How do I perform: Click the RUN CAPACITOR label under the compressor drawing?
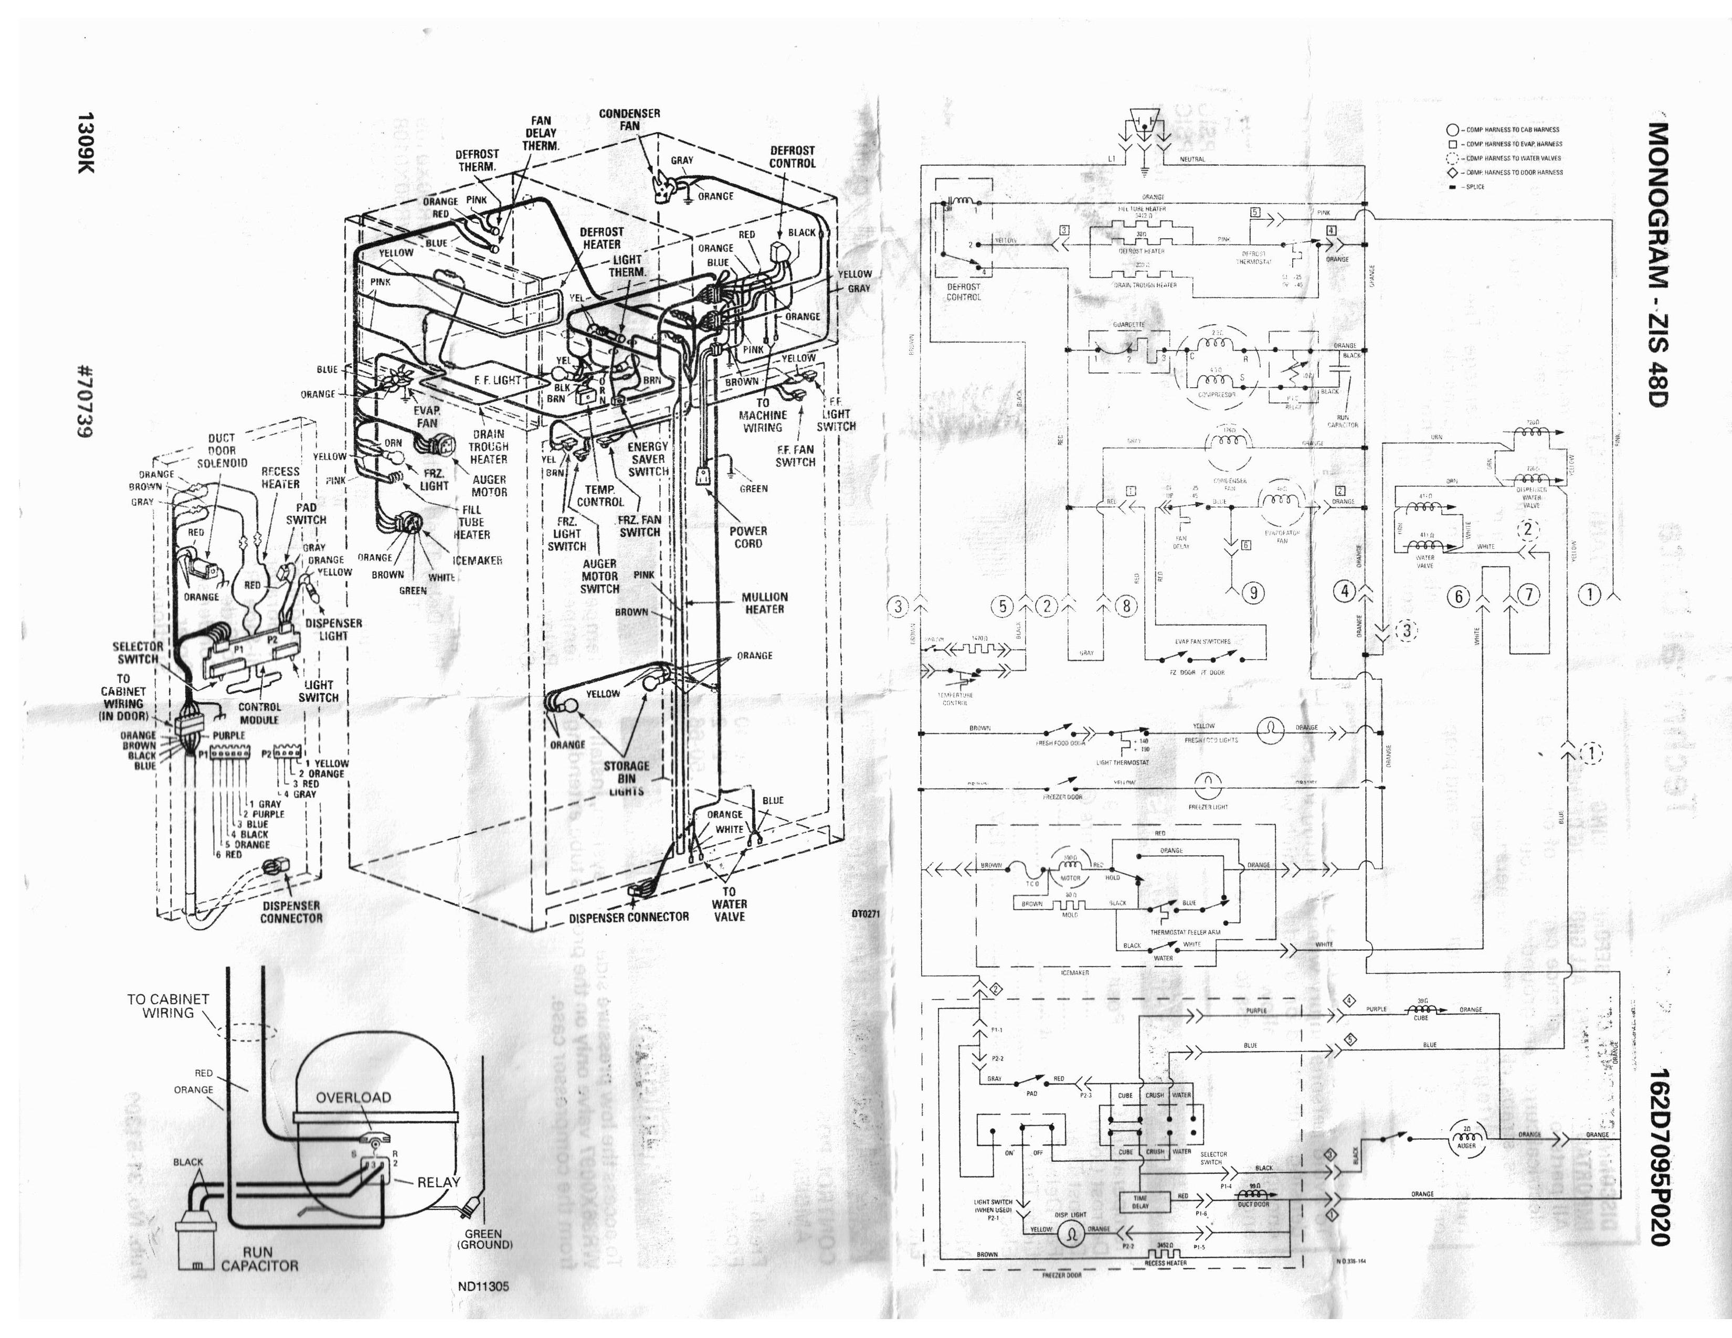pyautogui.click(x=259, y=1259)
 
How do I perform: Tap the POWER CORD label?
pyautogui.click(x=748, y=537)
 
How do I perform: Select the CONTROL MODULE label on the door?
pyautogui.click(x=259, y=713)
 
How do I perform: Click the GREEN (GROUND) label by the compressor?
pyautogui.click(x=484, y=1239)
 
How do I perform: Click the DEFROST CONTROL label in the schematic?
pyautogui.click(x=964, y=292)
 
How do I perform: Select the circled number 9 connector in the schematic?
pyautogui.click(x=1253, y=592)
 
